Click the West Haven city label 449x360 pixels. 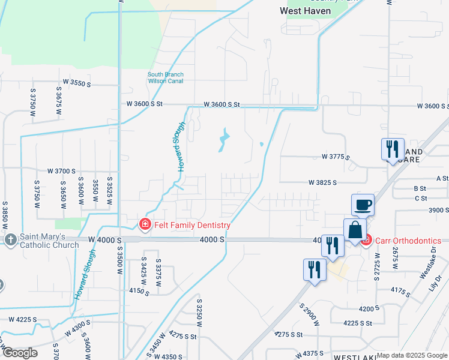pos(306,11)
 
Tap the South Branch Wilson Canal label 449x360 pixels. pos(166,78)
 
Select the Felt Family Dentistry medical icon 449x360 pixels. pos(144,225)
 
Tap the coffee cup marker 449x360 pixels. pos(363,205)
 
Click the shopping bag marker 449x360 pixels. pos(355,230)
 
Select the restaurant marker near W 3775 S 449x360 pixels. pos(392,149)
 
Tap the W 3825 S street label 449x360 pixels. pos(322,182)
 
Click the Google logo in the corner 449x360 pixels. pos(20,353)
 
